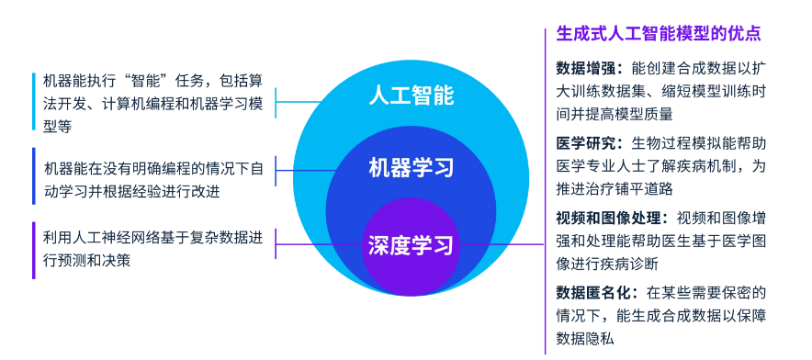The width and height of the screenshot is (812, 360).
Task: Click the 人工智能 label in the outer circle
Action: [411, 96]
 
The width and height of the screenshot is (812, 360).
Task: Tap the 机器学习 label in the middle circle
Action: [411, 168]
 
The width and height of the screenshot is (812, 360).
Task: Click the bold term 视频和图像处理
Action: [610, 219]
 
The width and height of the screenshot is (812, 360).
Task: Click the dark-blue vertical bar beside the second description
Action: [33, 180]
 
